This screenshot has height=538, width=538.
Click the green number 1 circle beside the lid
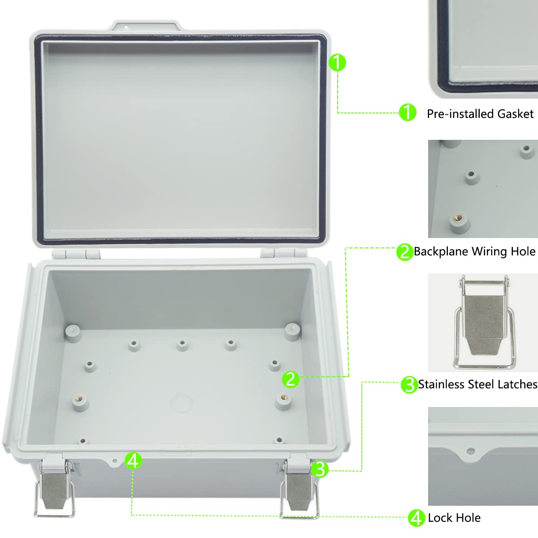point(338,62)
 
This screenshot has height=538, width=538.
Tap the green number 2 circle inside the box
point(291,379)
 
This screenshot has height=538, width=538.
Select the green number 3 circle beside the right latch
point(320,469)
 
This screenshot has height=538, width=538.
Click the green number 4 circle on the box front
point(133,460)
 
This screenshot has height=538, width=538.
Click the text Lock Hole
point(454,518)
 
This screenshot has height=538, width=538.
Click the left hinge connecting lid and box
point(76,254)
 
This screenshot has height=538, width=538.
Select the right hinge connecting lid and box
point(279,252)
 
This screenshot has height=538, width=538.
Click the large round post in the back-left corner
point(73,333)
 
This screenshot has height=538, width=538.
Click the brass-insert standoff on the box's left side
point(80,400)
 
